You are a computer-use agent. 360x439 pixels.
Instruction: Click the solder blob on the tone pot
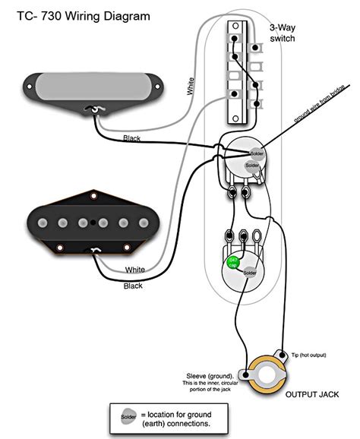(x=251, y=273)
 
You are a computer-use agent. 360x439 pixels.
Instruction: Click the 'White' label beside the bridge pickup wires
(x=135, y=270)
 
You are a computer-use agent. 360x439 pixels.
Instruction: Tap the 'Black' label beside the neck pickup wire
(x=132, y=137)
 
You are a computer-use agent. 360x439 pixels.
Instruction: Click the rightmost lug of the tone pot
(x=259, y=235)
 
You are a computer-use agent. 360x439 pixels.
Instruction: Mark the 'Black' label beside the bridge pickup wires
(x=133, y=286)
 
